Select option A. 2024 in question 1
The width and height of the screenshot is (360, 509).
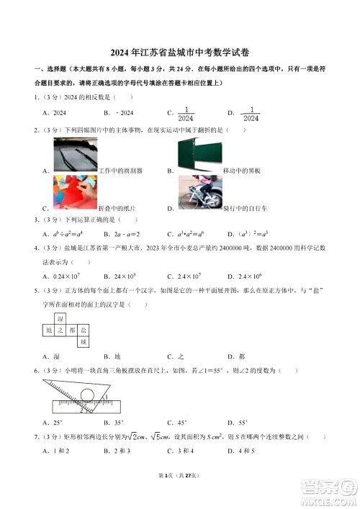54,113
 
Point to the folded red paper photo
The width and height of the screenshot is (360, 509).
75,192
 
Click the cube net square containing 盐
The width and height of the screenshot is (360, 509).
84,329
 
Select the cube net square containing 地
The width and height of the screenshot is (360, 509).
50,329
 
